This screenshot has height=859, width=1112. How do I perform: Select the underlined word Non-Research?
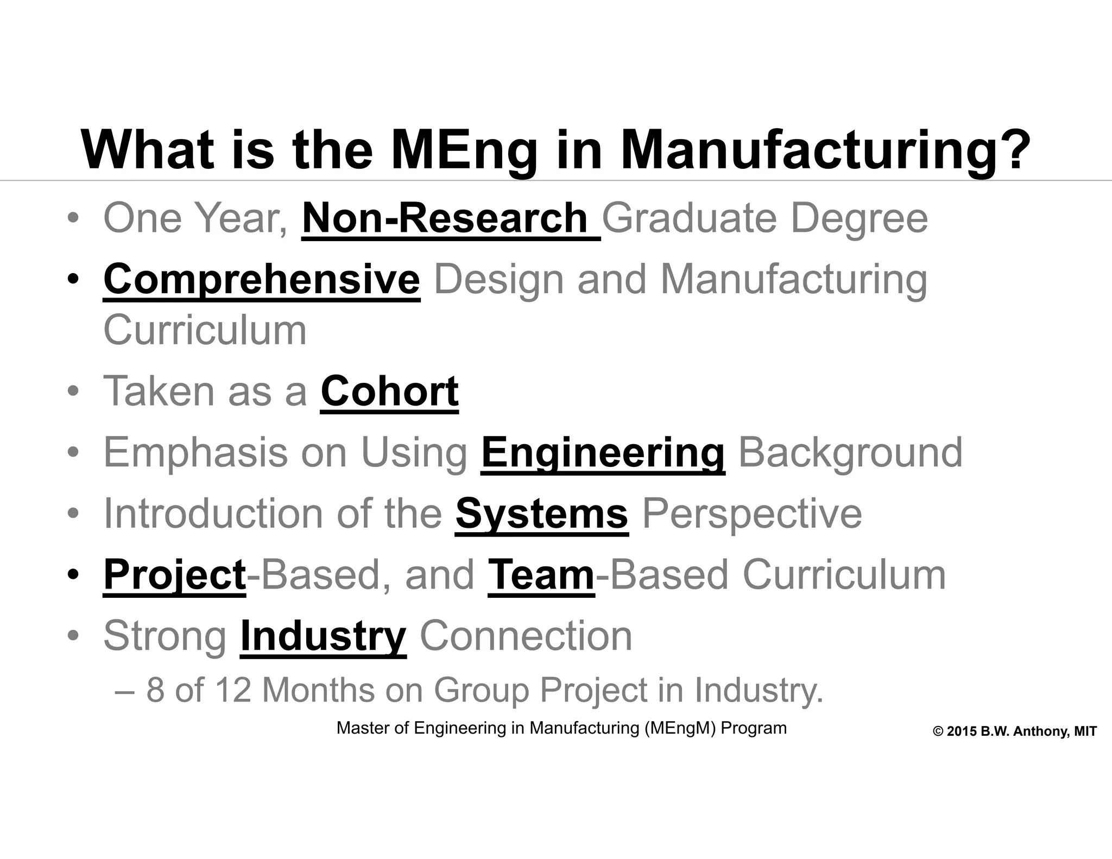(x=445, y=218)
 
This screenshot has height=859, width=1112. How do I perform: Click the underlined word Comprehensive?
(x=262, y=279)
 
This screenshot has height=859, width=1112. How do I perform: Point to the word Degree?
(x=859, y=218)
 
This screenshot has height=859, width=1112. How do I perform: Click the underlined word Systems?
(x=542, y=514)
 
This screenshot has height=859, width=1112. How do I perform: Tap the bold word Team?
(x=541, y=575)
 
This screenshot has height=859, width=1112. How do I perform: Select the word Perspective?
(x=752, y=514)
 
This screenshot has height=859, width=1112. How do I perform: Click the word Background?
(x=850, y=452)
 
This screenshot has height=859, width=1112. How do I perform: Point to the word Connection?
(x=526, y=636)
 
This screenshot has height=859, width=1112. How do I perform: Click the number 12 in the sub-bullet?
(x=233, y=690)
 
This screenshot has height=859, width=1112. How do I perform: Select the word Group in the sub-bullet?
(x=481, y=691)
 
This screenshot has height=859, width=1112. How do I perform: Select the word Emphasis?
(x=195, y=452)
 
